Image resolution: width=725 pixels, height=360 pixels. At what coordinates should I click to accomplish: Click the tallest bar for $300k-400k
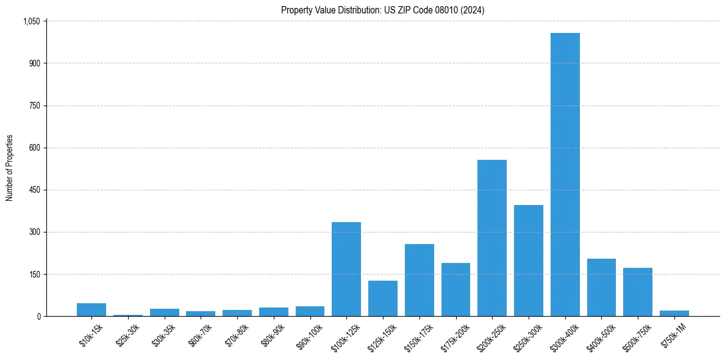565,175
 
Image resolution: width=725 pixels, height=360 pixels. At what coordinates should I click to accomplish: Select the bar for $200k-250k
491,238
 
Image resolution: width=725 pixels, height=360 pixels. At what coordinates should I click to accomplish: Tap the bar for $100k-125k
346,269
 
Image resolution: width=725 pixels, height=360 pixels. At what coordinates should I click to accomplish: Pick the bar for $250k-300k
528,261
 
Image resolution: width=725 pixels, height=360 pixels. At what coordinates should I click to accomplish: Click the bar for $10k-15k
91,310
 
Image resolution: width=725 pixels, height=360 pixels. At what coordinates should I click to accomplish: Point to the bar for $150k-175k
419,280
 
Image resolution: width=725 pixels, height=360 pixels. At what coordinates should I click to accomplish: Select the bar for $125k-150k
382,298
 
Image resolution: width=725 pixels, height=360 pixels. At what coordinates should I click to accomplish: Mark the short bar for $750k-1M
674,314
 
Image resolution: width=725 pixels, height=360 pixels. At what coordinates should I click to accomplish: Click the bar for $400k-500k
601,287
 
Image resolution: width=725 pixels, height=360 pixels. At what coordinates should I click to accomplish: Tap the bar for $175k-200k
455,290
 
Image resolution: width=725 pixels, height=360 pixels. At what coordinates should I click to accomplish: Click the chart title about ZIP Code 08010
382,10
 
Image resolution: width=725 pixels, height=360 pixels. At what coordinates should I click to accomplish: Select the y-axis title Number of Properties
10,168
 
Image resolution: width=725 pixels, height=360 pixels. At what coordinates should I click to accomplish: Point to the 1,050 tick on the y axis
31,21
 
